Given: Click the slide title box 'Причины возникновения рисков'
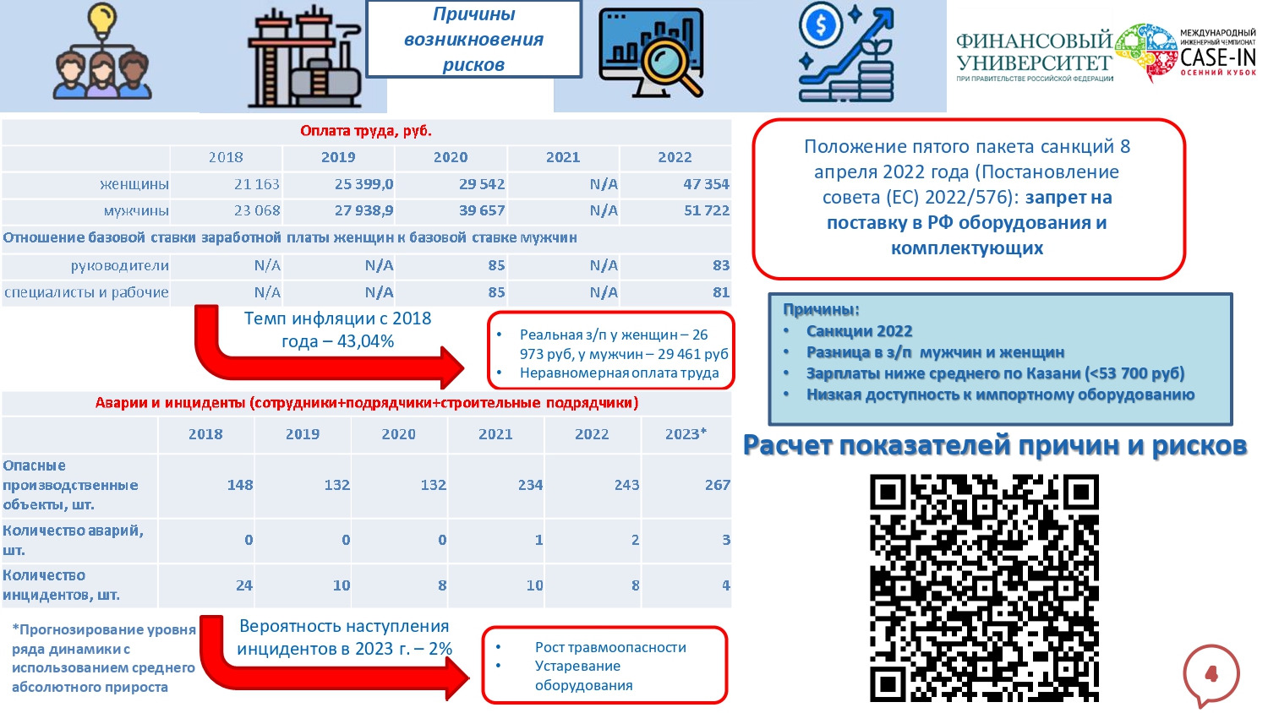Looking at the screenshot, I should point(473,40).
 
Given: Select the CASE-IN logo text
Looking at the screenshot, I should point(1217,57).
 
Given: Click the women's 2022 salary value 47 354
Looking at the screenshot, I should point(706,184).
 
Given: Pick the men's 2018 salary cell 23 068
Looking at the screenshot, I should point(256,210).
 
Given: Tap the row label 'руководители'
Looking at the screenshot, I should point(119,265).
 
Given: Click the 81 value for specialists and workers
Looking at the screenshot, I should point(720,292).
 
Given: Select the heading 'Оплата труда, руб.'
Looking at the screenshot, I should point(366,131).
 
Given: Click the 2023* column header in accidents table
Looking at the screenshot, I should point(685,434).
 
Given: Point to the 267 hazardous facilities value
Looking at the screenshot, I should point(717,485).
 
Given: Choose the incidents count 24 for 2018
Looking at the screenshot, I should point(244,585).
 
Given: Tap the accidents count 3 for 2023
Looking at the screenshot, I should point(725,540).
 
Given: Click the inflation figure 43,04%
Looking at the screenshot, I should point(365,341).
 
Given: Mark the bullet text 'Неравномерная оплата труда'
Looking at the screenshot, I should point(619,373).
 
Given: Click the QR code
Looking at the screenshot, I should point(984,588).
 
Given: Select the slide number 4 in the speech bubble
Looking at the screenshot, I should point(1211,673).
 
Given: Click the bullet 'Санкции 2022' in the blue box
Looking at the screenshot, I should point(859,331).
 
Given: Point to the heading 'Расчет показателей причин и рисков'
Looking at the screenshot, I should point(994,445).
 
